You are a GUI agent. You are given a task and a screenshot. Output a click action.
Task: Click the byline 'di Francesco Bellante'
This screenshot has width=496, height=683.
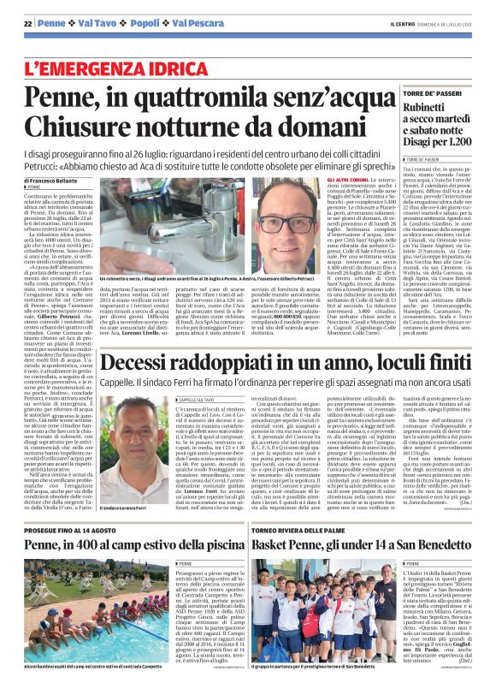pyautogui.click(x=50, y=181)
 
